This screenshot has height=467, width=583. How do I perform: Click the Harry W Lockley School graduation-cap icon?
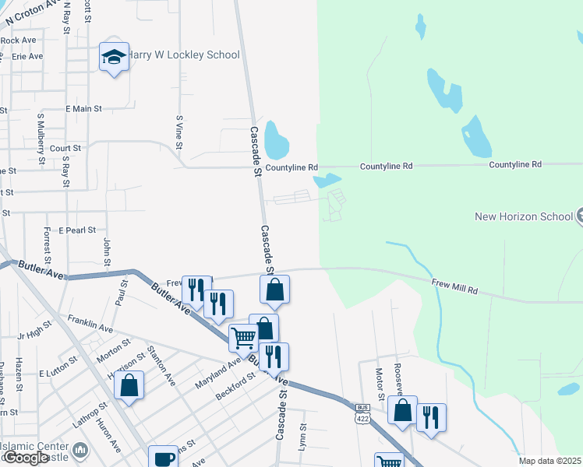coord(115,58)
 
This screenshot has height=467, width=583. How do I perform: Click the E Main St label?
coord(84,110)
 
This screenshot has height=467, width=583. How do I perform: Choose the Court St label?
coord(65,148)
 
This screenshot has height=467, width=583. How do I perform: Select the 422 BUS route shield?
coord(362,413)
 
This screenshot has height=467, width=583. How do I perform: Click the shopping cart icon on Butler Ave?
coord(243,338)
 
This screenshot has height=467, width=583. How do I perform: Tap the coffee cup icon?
coord(164,458)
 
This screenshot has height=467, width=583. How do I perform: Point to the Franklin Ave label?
coord(90,325)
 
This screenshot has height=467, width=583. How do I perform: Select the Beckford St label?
coord(235,386)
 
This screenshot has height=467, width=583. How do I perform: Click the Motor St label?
coord(380,381)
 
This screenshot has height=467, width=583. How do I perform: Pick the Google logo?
coord(26,458)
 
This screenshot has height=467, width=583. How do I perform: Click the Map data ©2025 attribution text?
coord(549,461)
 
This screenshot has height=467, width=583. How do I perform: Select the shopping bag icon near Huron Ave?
coord(129,384)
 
